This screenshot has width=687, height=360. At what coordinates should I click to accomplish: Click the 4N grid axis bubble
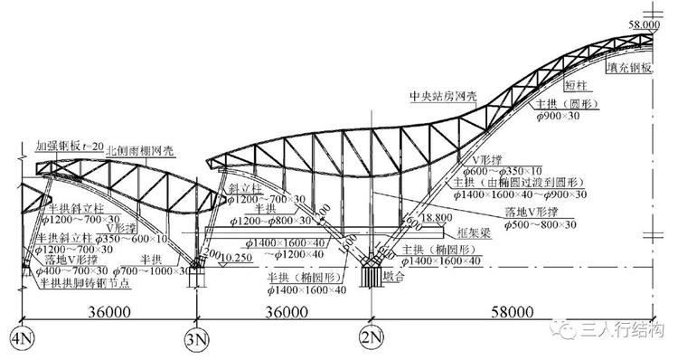[x=20, y=341]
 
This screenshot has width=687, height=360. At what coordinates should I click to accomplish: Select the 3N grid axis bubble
[x=195, y=341]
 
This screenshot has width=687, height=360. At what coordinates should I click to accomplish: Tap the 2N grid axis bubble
[x=370, y=341]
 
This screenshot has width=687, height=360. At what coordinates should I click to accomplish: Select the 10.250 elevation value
[x=234, y=258]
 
